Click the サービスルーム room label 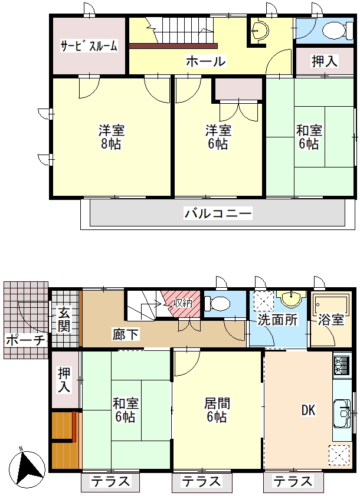[89, 46]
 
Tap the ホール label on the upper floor [206, 61]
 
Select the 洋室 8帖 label [111, 137]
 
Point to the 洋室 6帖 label [218, 137]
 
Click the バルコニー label [218, 213]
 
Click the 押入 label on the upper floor [325, 61]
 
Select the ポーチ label [25, 341]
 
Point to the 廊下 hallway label [125, 334]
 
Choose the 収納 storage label [183, 303]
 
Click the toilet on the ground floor [217, 304]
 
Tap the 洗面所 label [277, 320]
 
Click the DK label [308, 410]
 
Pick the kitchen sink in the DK [342, 413]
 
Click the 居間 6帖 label [217, 410]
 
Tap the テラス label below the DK [293, 482]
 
